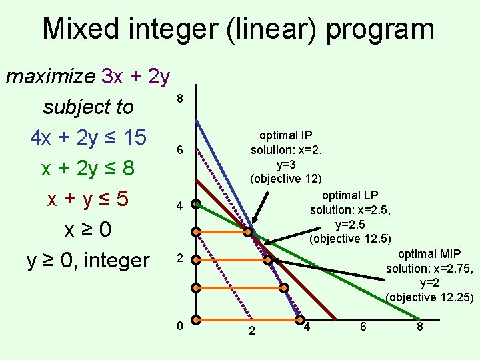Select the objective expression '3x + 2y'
136,77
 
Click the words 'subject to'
88,107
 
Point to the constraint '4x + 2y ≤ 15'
88,137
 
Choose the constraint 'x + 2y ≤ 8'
88,168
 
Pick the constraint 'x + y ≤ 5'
88,199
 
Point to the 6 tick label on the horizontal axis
364,327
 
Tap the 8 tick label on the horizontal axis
420,327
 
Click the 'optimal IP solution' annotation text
286,143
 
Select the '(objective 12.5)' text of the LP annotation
350,238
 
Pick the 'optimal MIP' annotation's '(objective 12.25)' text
429,297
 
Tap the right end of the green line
419,319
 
